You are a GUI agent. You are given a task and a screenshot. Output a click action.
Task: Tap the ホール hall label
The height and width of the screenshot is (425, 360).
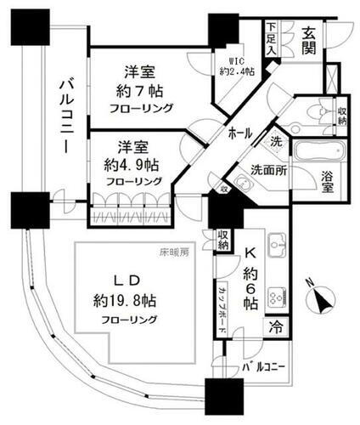point(245,134)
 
